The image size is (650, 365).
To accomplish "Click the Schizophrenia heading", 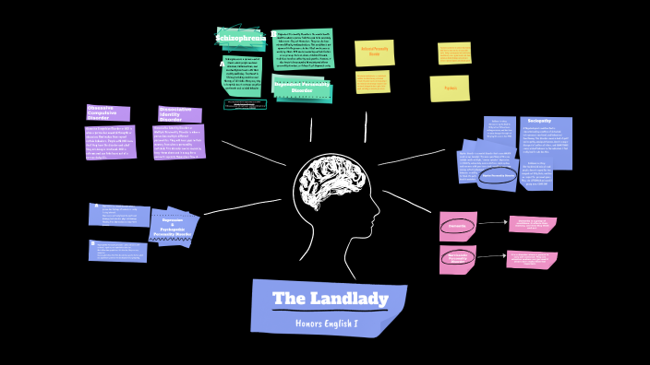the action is pyautogui.click(x=240, y=37).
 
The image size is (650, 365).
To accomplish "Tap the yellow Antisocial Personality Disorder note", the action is pyautogui.click(x=374, y=53).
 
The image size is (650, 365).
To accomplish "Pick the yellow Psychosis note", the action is pyautogui.click(x=450, y=88).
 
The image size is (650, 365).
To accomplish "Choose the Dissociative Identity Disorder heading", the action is pyautogui.click(x=179, y=114).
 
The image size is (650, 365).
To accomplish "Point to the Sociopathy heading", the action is pyautogui.click(x=539, y=121).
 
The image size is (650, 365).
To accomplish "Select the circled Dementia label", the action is pyautogui.click(x=457, y=225).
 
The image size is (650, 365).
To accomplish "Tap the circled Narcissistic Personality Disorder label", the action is pyautogui.click(x=457, y=259).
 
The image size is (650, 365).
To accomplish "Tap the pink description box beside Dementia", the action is pyautogui.click(x=533, y=224).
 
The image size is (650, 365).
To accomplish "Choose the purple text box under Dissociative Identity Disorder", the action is pyautogui.click(x=178, y=141).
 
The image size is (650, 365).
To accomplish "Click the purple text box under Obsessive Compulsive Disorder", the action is pyautogui.click(x=110, y=142).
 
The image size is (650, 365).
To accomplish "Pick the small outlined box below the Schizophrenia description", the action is pyautogui.click(x=245, y=105).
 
